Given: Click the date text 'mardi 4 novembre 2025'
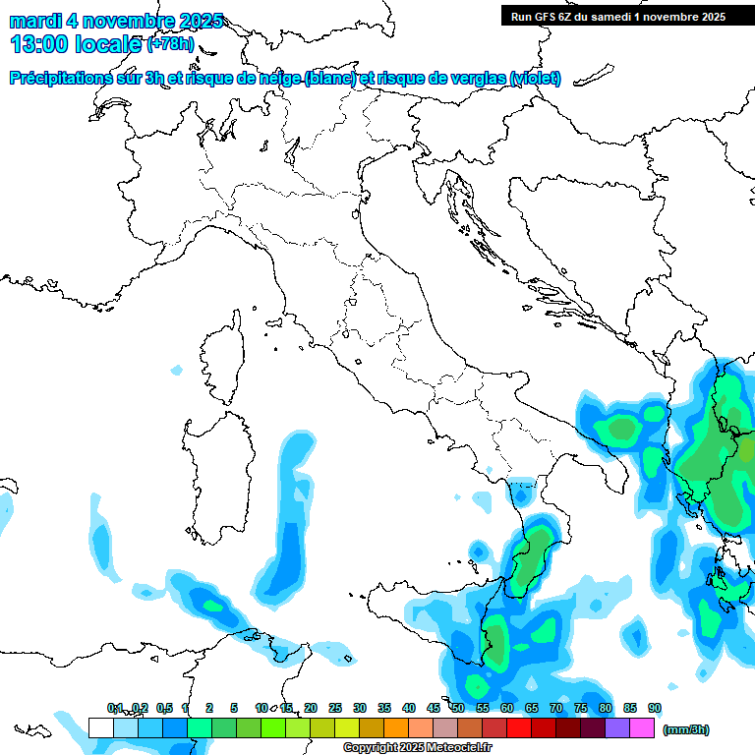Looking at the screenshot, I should (116, 21).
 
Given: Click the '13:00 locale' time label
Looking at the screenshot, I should (75, 43).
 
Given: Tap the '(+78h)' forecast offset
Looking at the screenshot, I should (170, 44).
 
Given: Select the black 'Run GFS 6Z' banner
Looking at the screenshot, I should (617, 16).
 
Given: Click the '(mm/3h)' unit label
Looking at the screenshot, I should (686, 729).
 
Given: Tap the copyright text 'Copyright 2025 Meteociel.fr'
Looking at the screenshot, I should (417, 748).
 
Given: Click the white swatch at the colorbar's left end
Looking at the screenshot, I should (100, 727).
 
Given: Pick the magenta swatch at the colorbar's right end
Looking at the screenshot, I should (642, 727).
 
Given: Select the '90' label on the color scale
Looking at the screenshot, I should (654, 709).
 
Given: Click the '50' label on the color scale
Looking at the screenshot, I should (458, 709).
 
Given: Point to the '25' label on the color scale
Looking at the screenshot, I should (334, 709).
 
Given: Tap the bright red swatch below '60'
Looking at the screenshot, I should (518, 727).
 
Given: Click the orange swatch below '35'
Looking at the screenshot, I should (395, 727).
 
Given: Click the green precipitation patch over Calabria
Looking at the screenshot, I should (536, 551).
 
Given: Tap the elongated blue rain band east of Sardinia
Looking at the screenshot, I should (288, 531).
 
